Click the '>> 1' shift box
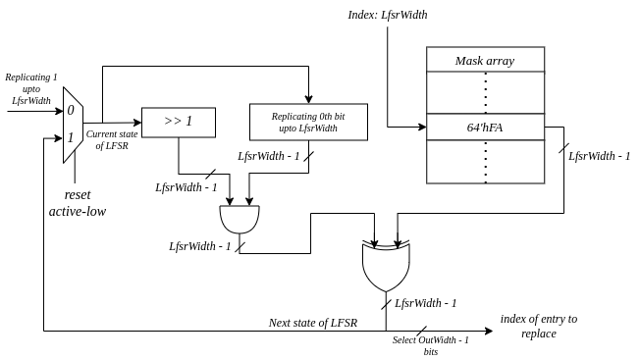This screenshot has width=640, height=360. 179,123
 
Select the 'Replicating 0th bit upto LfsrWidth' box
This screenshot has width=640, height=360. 308,122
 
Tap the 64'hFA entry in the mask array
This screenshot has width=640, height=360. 485,127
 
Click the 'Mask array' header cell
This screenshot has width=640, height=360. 485,60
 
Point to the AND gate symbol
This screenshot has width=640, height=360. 240,220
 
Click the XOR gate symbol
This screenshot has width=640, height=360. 386,267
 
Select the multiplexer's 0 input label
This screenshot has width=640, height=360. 71,110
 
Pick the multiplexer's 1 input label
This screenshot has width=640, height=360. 71,137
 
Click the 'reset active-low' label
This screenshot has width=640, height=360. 78,203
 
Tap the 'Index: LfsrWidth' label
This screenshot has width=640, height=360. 388,15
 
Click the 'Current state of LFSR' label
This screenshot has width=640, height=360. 112,140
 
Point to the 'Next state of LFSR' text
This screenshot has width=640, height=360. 313,323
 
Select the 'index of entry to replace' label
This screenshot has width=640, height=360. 539,327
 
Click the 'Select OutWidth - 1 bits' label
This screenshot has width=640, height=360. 431,345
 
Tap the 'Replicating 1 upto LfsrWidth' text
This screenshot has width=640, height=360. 31,89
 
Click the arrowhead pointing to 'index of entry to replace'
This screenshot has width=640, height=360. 489,331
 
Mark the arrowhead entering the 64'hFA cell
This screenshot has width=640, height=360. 422,127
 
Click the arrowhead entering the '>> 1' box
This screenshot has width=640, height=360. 137,123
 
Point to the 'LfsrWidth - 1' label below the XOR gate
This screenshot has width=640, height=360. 425,303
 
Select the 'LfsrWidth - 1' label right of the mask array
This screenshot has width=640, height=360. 599,156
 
